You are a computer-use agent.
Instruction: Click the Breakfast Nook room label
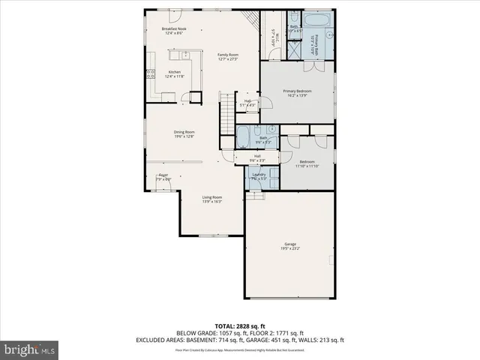coord(174,28)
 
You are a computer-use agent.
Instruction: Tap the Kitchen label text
coord(174,72)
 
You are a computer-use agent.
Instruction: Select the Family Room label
coord(228,55)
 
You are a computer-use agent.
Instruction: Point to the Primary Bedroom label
coord(297,91)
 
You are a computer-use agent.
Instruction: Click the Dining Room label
coord(184,132)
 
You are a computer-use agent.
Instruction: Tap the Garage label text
coord(289,244)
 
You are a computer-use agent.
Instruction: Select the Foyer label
coord(163,175)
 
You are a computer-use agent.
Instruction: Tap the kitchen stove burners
coord(142,75)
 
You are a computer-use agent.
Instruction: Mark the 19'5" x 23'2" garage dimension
coord(289,249)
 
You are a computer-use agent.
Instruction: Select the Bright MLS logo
coord(29,349)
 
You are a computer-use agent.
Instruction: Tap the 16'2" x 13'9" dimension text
coord(297,95)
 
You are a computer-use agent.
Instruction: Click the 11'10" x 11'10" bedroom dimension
coord(307,166)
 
